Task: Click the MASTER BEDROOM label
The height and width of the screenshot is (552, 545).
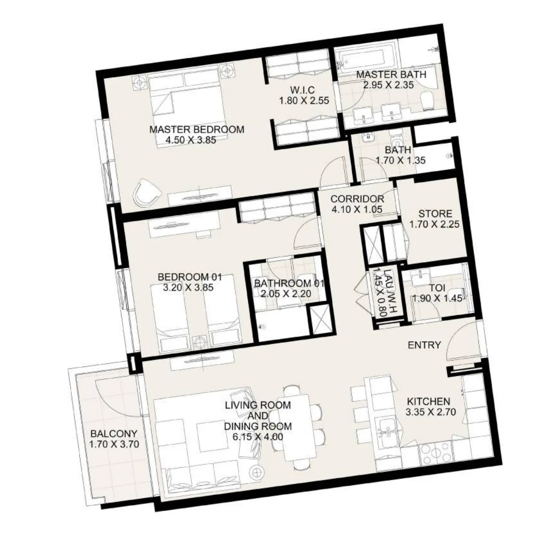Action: (x=197, y=130)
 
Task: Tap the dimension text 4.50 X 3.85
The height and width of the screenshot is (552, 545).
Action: (x=190, y=140)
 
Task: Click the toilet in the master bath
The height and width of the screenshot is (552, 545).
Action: (x=427, y=101)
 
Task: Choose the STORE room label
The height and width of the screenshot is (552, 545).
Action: (x=435, y=214)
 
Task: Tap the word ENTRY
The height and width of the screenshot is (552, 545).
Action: (x=424, y=345)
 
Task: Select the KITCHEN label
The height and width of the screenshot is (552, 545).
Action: (x=428, y=401)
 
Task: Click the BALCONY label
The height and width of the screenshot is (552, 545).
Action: (x=113, y=434)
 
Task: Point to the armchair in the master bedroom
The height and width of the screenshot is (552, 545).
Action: (x=147, y=192)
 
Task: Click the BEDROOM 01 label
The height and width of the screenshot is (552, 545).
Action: (x=189, y=277)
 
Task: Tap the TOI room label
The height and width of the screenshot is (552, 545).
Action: (x=437, y=288)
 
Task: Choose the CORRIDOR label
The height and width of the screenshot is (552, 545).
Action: (x=357, y=199)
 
